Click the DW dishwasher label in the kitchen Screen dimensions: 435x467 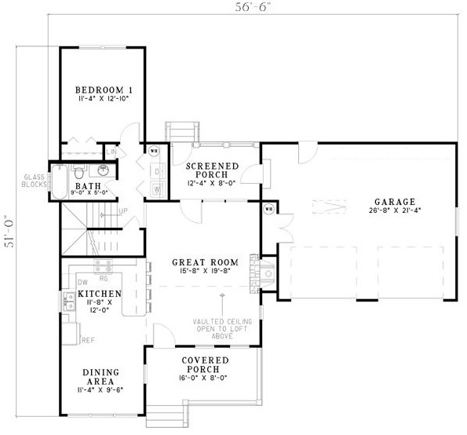tap(82, 281)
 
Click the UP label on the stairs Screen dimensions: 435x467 tap(122, 211)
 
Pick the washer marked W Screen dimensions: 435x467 tap(156, 188)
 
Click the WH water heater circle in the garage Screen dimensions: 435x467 tap(268, 209)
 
